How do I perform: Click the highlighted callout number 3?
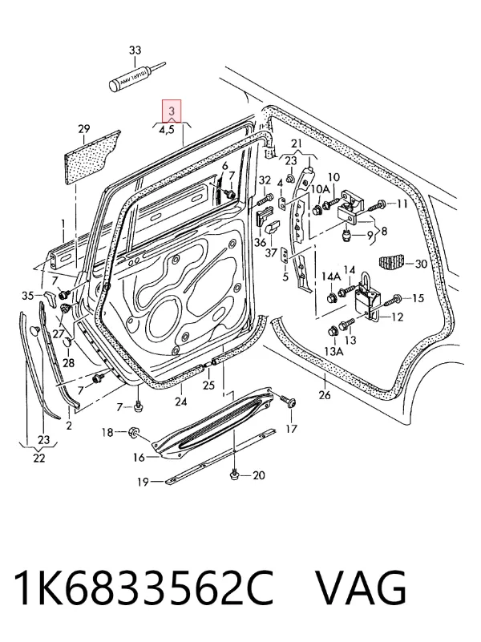point(172,111)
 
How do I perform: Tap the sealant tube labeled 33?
point(137,77)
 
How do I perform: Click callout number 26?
point(325,394)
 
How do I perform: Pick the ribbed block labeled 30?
point(391,262)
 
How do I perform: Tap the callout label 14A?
point(330,277)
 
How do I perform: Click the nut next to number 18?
point(134,431)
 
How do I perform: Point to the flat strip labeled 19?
point(220,456)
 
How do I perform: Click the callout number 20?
point(259,475)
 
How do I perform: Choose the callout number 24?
point(181,402)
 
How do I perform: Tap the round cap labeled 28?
point(68,342)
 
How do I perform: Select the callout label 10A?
point(320,188)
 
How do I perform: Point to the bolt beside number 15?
point(392,298)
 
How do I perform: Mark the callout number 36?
point(260,242)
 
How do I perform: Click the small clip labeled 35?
point(50,297)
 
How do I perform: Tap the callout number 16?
point(139,458)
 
